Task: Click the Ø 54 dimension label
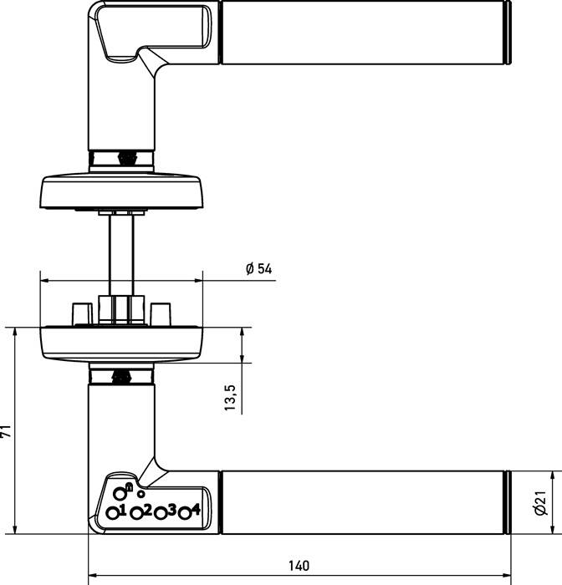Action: click(259, 269)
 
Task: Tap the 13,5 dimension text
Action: click(230, 399)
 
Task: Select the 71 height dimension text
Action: click(7, 431)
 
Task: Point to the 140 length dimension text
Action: click(299, 566)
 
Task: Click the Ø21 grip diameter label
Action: click(541, 504)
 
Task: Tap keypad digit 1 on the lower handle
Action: click(122, 509)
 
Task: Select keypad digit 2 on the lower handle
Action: click(147, 509)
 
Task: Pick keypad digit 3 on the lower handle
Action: click(171, 509)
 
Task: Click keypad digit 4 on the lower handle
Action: click(196, 509)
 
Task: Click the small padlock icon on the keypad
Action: click(129, 486)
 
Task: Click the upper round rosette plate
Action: click(121, 191)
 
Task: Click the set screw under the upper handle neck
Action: click(129, 156)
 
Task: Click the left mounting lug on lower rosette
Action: click(82, 313)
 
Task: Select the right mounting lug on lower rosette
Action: click(162, 313)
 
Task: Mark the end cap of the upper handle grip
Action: click(508, 33)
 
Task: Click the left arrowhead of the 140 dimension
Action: click(93, 575)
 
